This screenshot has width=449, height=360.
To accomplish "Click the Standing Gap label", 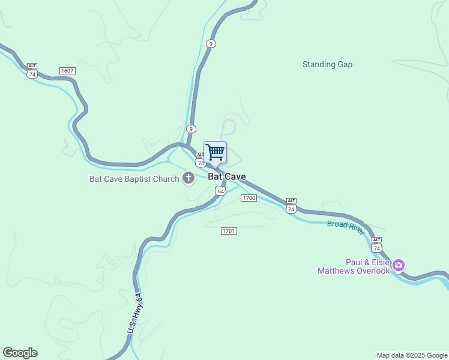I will (x=327, y=64).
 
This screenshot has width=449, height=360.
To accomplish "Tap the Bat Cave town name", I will (x=227, y=176).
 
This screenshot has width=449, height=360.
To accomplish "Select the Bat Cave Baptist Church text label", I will (x=134, y=178).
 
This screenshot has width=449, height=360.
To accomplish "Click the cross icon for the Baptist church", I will (x=188, y=178).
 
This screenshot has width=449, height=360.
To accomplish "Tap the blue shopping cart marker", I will (x=215, y=151).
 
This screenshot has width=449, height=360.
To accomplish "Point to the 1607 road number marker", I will (x=67, y=71).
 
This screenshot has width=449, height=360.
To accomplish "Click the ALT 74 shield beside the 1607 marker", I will (x=32, y=71).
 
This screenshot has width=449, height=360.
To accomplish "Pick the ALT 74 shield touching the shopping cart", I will (x=200, y=160).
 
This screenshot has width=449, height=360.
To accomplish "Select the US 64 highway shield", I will (x=220, y=191).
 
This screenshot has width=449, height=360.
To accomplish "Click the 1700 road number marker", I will (x=249, y=197).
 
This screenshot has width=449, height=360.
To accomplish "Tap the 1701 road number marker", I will (x=229, y=231).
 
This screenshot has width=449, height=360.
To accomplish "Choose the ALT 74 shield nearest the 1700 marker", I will (x=291, y=206).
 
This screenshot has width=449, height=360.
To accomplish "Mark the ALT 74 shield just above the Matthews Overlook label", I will (x=376, y=244).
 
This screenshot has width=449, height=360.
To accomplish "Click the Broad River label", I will (x=346, y=228).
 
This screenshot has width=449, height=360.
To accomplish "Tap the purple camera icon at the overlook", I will (x=399, y=264).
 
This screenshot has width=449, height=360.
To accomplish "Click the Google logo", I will (x=20, y=353).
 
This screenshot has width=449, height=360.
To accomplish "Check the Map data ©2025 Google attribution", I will (x=412, y=355).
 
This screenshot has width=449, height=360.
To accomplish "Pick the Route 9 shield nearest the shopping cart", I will (x=191, y=128).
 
